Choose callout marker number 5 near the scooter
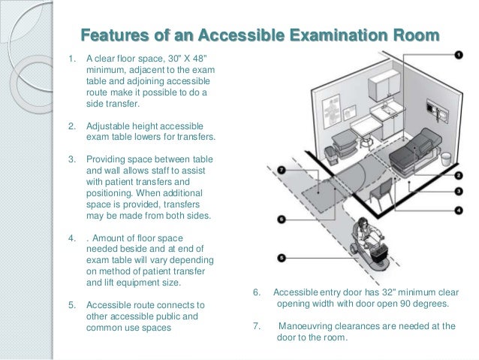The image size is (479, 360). pos(282,257)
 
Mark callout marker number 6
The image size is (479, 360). pos(282,219)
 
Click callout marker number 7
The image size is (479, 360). pos(282,171)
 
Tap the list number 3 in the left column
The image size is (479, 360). pos(72,159)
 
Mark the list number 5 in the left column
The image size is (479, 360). pos(72,306)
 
